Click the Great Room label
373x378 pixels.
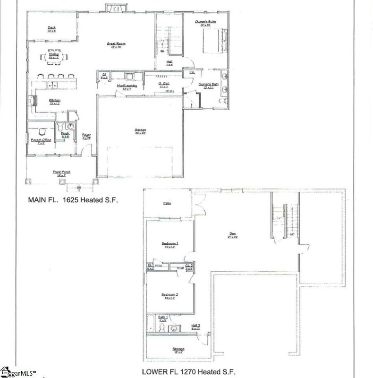click(x=116, y=44)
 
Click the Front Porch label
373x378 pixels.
click(x=61, y=172)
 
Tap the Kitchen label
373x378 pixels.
click(x=54, y=100)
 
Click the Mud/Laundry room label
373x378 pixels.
click(x=127, y=86)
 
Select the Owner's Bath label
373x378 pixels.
click(x=206, y=85)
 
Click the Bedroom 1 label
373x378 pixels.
click(x=169, y=244)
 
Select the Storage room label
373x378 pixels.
click(x=178, y=349)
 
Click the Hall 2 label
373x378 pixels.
click(x=196, y=325)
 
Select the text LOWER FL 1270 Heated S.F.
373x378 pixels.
click(x=188, y=371)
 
